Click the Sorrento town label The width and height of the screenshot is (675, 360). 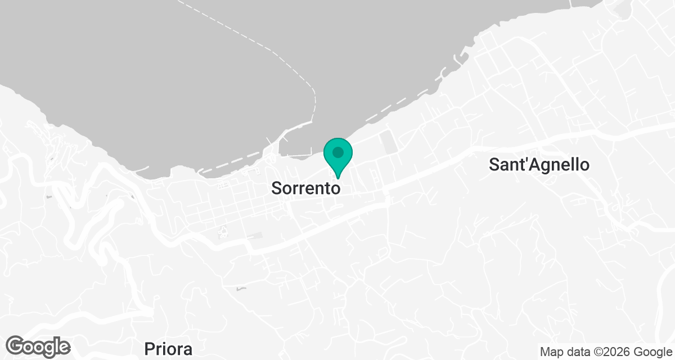(x=305, y=188)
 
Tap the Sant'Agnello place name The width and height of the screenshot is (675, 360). (x=539, y=165)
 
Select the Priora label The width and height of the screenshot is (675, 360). (x=168, y=349)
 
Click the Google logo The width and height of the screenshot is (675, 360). (x=39, y=346)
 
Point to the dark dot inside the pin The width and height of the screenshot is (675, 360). (x=338, y=152)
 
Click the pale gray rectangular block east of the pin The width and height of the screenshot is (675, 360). (x=388, y=141)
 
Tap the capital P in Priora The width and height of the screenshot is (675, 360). (x=149, y=349)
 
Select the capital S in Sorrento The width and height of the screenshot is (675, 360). (x=277, y=188)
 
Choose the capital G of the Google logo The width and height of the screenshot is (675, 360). (x=17, y=345)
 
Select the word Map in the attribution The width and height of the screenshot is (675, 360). (x=552, y=352)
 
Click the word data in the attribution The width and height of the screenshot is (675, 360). (x=577, y=352)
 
